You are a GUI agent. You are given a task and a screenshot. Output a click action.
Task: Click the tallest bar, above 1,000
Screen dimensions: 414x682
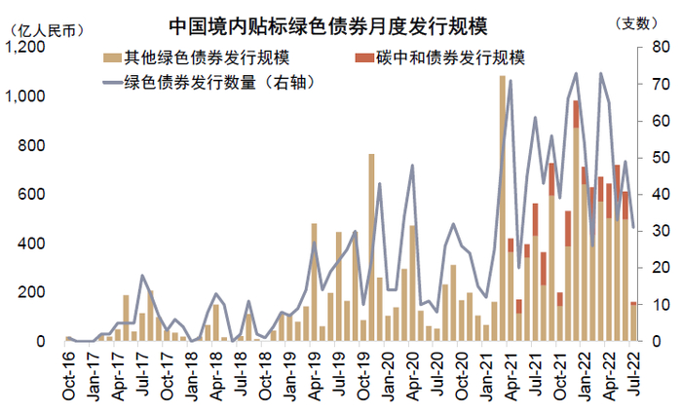click(x=503, y=209)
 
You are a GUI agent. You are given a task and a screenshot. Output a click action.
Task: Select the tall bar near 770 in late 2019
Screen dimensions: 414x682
click(x=371, y=248)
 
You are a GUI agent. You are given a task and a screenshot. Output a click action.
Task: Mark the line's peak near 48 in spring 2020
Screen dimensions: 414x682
click(x=412, y=166)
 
